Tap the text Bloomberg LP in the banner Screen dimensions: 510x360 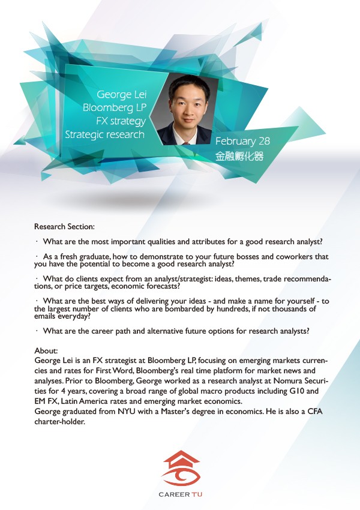[x=115, y=108]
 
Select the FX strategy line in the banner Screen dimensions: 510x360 [x=121, y=121]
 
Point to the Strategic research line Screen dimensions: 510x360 [x=104, y=134]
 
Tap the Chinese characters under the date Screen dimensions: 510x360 [x=239, y=156]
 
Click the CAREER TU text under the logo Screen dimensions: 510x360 [x=180, y=494]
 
